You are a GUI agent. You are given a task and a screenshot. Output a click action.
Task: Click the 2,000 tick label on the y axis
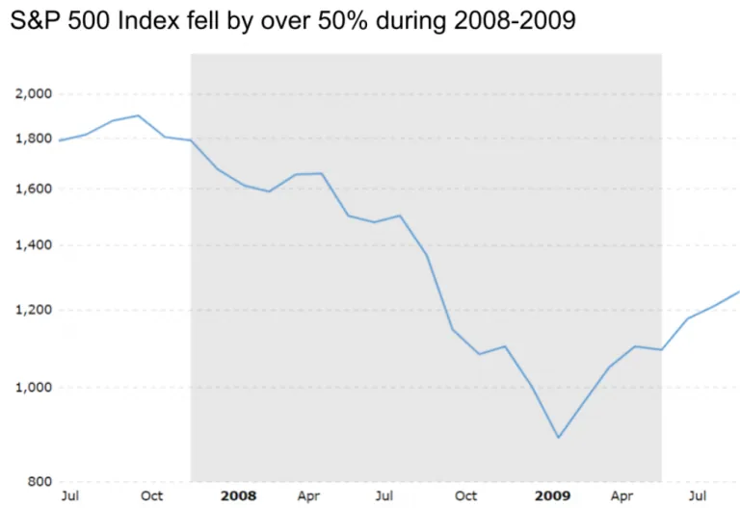(x=34, y=93)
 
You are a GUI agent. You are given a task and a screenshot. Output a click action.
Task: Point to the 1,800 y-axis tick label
(x=34, y=139)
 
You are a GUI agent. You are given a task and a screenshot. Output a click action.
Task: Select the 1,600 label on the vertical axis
(x=34, y=189)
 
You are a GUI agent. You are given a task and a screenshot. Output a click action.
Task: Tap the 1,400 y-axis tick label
(x=34, y=245)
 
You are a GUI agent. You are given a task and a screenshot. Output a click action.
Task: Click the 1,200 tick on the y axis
(x=34, y=310)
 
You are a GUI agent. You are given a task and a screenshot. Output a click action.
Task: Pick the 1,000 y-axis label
(x=34, y=388)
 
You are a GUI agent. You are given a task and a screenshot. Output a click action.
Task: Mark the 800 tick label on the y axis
(x=40, y=482)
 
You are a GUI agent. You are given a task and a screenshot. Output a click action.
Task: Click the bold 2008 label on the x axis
(x=239, y=496)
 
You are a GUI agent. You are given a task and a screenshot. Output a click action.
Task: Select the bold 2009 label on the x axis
(x=553, y=496)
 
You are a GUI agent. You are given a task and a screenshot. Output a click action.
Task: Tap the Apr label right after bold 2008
(x=308, y=496)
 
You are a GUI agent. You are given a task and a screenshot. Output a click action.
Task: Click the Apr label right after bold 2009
(x=622, y=496)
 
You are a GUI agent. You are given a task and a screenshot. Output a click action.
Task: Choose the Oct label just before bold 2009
(x=465, y=496)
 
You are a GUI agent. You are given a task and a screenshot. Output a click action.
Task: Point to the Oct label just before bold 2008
(x=152, y=496)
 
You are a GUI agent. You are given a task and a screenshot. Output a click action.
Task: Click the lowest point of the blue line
(x=559, y=438)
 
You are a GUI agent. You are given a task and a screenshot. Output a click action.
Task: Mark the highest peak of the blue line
(x=138, y=115)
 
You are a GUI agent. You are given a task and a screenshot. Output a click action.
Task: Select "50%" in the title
(x=343, y=21)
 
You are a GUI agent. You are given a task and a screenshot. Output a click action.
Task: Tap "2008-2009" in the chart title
(x=515, y=21)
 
